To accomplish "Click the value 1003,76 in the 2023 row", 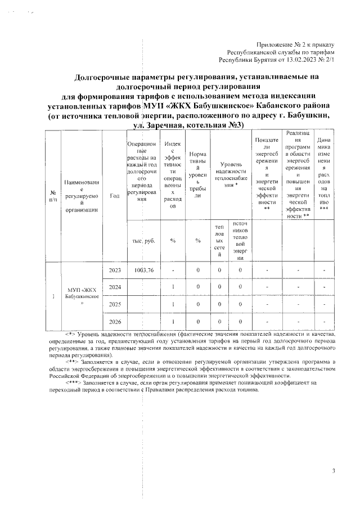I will click(144, 271).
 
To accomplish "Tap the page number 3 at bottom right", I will click(333, 470).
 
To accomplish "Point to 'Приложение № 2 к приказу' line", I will click(295, 44).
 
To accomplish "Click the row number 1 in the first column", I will click(53, 296).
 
